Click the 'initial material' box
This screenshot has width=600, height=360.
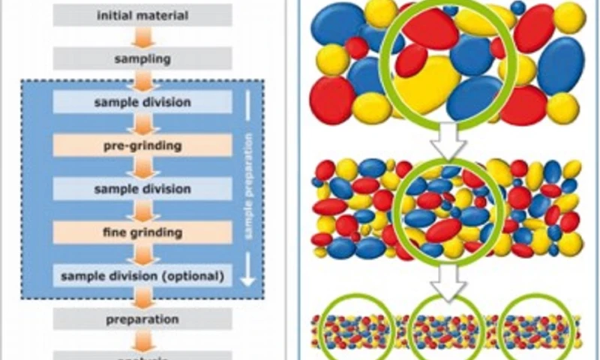(x=142, y=14)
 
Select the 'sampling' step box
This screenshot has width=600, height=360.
(x=142, y=58)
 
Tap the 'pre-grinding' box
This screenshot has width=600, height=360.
(x=142, y=145)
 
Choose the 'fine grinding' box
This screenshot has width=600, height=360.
(x=142, y=232)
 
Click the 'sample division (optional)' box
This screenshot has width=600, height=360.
(x=142, y=276)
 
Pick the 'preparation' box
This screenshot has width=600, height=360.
(x=142, y=319)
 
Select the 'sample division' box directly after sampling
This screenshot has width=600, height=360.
(x=142, y=101)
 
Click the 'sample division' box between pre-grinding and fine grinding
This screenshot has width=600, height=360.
(x=142, y=188)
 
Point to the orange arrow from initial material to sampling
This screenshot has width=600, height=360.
(x=142, y=36)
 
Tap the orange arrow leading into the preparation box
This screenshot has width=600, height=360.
(x=142, y=298)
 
